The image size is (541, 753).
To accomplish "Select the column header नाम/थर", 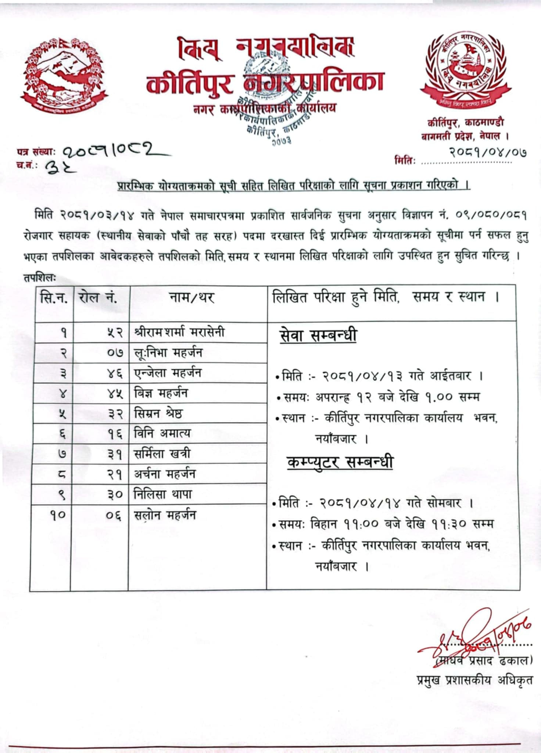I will click(192, 297).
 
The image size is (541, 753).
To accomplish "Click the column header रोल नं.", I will click(98, 297).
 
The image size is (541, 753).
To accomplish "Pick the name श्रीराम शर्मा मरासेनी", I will click(179, 332).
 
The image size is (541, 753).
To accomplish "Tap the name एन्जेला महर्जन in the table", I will click(168, 373).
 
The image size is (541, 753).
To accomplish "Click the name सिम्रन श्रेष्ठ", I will click(158, 413).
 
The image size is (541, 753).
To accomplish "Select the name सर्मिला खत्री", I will click(162, 454).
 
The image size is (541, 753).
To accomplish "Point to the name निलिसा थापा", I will click(162, 494).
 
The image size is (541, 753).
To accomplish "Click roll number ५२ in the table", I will click(115, 333).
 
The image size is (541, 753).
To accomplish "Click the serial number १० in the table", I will click(58, 515).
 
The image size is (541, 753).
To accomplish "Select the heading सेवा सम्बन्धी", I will click(318, 336).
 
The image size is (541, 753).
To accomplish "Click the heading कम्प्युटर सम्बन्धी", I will click(340, 462).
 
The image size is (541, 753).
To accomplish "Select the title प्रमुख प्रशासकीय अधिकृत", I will click(474, 680).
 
